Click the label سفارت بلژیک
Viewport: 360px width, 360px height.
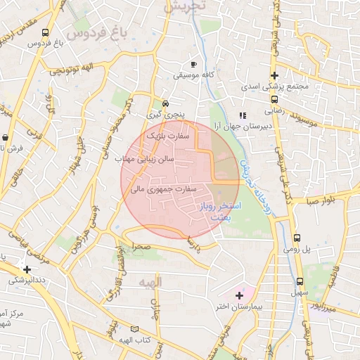click(169, 134)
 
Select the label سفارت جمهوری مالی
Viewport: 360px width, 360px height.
click(166, 189)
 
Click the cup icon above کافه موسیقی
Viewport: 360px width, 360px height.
click(193, 64)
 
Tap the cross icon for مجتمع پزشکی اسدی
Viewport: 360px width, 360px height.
click(274, 75)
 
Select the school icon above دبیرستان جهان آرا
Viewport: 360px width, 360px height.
click(242, 115)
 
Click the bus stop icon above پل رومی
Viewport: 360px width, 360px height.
click(297, 238)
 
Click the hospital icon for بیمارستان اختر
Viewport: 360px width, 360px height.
click(239, 295)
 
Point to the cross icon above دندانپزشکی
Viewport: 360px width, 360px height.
click(27, 269)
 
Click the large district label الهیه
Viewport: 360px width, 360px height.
click(150, 283)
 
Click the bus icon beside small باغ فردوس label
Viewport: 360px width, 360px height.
click(46, 32)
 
